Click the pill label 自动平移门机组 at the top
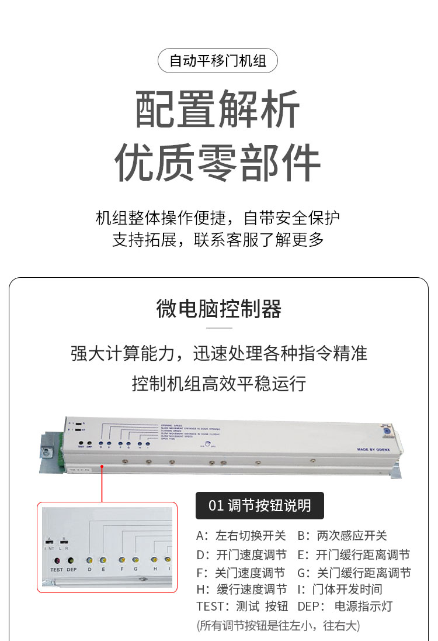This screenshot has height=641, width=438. coord(218,60)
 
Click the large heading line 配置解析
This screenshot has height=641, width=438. coord(218,109)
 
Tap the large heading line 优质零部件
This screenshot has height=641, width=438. coord(218,162)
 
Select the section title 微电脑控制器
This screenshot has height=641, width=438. coord(218,309)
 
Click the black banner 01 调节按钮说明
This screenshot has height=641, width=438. coord(259,505)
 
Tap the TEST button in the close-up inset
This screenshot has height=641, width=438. coord(56,560)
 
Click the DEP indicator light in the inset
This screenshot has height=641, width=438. coord(71,560)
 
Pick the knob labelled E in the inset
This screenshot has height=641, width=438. coord(103,560)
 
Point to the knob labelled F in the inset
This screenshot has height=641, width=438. coord(121,560)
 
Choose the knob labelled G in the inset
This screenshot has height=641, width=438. coord(135,560)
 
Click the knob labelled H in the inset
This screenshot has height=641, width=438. coord(155,560)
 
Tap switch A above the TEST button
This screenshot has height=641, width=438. coord(50,542)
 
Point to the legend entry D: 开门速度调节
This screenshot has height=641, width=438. coord(241,554)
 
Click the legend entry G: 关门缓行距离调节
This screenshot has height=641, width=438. coord(354,573)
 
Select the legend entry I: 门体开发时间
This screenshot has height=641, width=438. coord(339,589)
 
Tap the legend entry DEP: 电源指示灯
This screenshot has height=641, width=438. coord(345,606)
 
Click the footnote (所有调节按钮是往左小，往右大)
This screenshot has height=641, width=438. coord(278,625)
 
